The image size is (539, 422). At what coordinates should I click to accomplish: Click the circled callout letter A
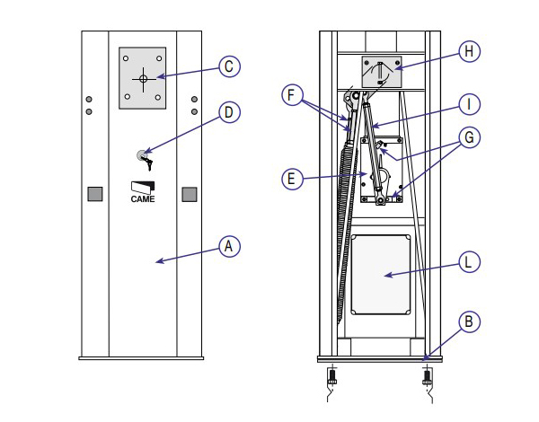point(229,246)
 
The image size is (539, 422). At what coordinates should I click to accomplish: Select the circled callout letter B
point(469,322)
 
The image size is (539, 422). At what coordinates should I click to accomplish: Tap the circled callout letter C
point(229,66)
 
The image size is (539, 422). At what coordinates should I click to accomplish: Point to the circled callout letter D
point(229,112)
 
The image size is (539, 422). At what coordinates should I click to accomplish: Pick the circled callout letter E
point(292,179)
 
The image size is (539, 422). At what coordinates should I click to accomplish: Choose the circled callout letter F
point(292,95)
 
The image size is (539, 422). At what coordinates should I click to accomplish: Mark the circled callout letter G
point(469,137)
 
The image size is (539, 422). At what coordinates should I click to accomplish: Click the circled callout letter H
point(469,51)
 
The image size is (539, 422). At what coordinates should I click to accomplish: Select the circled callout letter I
point(469,104)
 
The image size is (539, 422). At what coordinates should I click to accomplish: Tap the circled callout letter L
point(469,262)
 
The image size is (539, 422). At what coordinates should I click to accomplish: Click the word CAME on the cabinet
point(143,199)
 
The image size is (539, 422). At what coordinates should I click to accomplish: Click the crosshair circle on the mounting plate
point(144,79)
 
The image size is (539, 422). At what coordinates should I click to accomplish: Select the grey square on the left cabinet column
point(95,194)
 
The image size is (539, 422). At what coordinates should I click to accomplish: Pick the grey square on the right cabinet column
point(190,194)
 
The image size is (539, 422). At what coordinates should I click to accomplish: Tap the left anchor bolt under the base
point(332,377)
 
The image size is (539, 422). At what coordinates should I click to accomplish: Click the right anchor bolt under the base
point(427,377)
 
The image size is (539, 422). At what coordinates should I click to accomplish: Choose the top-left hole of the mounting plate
point(126,58)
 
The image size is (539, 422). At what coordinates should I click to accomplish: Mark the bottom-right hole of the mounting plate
point(158,97)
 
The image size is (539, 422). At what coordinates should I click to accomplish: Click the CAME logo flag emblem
point(143,188)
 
